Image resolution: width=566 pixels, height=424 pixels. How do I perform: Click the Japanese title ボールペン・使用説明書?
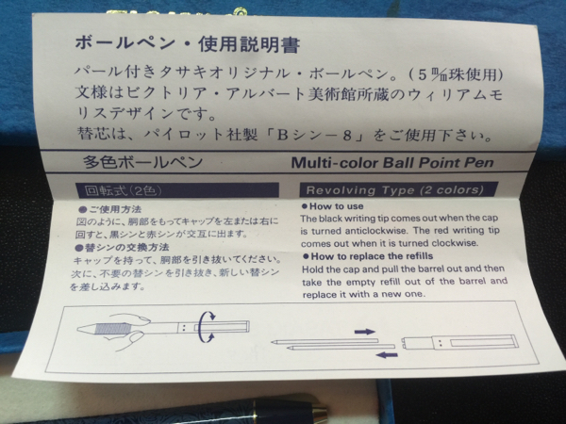pyautogui.click(x=188, y=44)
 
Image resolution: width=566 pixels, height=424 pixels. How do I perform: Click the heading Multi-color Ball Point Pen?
pyautogui.click(x=392, y=163)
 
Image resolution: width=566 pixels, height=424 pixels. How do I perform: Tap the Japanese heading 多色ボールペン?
pyautogui.click(x=142, y=162)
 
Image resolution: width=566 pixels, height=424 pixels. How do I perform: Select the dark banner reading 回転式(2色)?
pyautogui.click(x=177, y=190)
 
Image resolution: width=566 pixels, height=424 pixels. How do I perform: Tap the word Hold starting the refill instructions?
pyautogui.click(x=311, y=269)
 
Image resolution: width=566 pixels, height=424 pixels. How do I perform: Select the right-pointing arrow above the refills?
pyautogui.click(x=365, y=332)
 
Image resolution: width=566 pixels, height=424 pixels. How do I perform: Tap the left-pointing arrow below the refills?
pyautogui.click(x=387, y=355)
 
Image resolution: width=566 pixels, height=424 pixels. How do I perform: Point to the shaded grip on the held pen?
pyautogui.click(x=113, y=329)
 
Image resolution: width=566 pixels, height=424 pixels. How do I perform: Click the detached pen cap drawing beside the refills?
pyautogui.click(x=460, y=342)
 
